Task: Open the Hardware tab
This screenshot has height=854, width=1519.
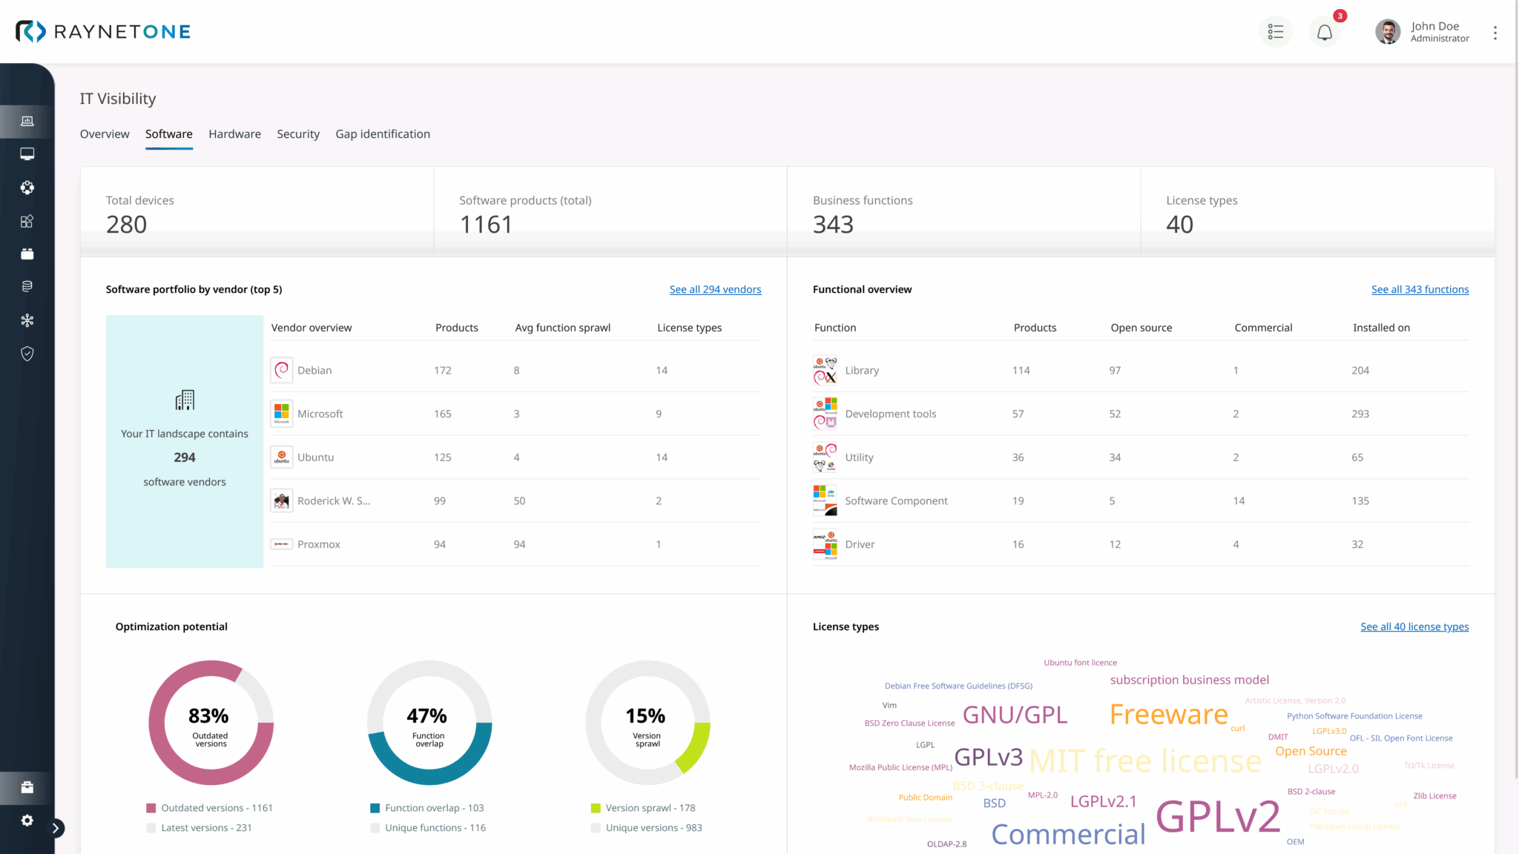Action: tap(234, 134)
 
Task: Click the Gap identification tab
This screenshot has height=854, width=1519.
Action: tap(382, 134)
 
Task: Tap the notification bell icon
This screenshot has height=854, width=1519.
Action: tap(1324, 33)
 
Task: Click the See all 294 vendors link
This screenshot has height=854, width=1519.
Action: tap(715, 290)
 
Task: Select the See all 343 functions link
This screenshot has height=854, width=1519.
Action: tap(1420, 290)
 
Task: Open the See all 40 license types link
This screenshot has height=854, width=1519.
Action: tap(1414, 627)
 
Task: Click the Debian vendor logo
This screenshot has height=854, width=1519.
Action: tap(281, 370)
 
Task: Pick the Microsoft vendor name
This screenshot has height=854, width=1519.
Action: tap(320, 414)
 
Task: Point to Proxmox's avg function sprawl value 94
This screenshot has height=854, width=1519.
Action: tap(519, 544)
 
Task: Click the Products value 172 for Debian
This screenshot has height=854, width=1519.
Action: tap(442, 370)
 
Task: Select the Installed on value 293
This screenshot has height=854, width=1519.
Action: tap(1360, 414)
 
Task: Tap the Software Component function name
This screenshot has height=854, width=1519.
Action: tap(896, 501)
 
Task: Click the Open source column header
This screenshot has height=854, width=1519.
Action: tap(1141, 328)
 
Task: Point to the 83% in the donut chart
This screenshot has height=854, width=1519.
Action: tap(208, 716)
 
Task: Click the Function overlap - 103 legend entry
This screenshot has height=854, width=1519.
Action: tap(434, 808)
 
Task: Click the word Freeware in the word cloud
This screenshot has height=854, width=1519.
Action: tap(1168, 715)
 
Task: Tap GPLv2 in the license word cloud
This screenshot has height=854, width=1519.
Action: tap(1218, 817)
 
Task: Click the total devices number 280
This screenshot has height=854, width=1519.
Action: tap(126, 225)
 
